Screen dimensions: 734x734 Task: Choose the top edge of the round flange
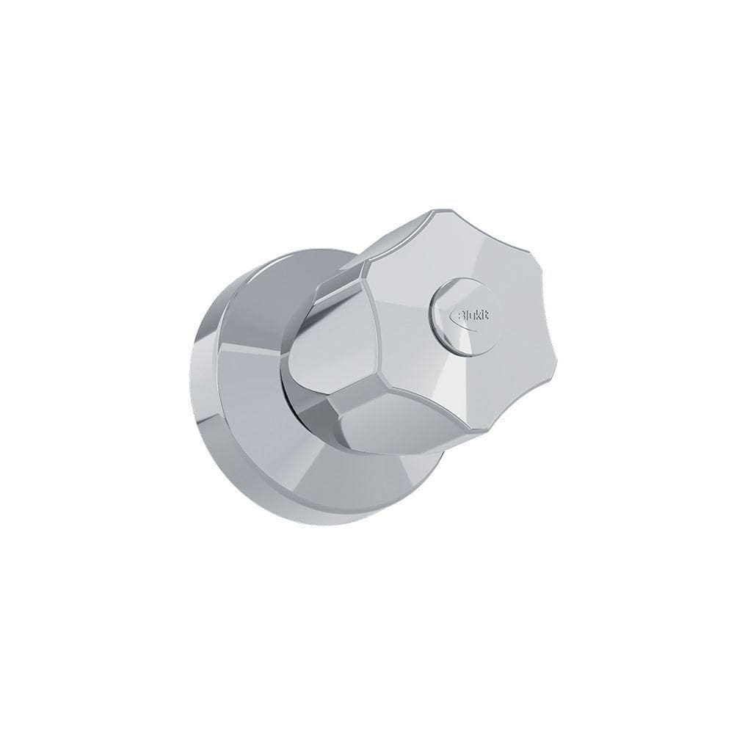pos(294,251)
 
